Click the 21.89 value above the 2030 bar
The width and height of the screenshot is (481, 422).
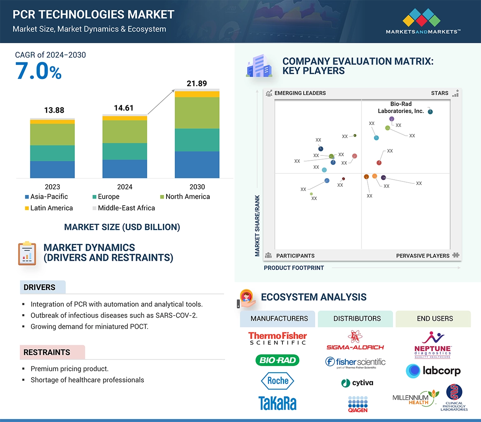[x=197, y=83]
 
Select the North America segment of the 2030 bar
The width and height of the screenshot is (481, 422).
[x=197, y=113]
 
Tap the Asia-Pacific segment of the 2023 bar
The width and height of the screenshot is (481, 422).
[x=52, y=169]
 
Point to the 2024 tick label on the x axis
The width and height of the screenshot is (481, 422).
[x=125, y=187]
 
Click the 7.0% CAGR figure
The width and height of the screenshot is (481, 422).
[x=38, y=71]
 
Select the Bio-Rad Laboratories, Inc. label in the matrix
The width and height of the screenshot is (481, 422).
[x=401, y=107]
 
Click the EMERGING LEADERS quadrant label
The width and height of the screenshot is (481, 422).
[x=300, y=93]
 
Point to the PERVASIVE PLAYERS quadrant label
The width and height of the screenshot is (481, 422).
[x=423, y=255]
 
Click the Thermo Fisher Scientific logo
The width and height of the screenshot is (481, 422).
[x=277, y=338]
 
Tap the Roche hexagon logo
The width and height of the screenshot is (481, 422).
[x=277, y=380]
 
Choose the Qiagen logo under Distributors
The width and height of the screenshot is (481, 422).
[x=357, y=403]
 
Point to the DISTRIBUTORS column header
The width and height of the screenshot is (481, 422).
[x=357, y=318]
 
